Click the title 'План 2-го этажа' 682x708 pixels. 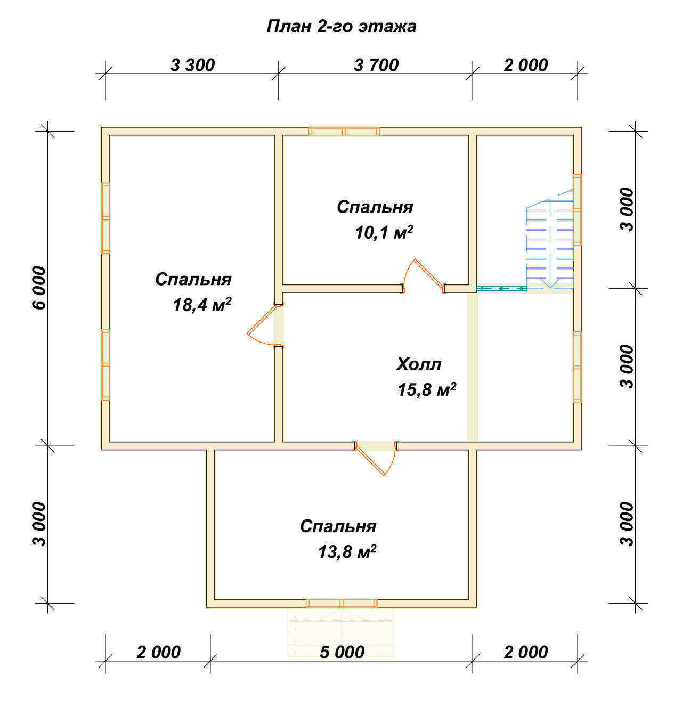341,27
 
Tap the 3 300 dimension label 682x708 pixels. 192,66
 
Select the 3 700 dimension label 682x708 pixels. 376,66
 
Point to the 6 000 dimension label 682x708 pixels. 39,288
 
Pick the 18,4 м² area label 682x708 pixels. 202,305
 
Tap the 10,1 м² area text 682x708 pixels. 384,232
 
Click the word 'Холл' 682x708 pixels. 419,364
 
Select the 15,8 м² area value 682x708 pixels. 427,389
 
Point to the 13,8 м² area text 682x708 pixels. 347,552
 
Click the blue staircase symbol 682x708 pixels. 550,238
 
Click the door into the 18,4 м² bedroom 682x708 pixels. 265,325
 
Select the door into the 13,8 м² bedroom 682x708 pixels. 376,458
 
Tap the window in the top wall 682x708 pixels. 344,132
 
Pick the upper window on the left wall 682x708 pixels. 105,218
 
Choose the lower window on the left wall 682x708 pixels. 105,364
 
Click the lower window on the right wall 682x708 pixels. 578,367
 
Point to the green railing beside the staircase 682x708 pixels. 501,289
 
